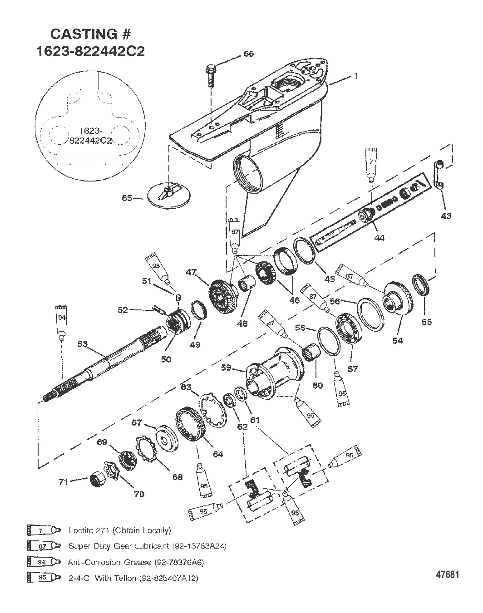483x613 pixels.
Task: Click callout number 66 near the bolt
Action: [x=248, y=54]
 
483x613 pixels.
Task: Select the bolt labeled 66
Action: [x=210, y=75]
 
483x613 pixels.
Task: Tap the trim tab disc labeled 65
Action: [x=169, y=196]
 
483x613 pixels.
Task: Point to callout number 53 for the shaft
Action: [x=83, y=344]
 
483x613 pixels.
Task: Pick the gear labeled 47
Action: [x=223, y=296]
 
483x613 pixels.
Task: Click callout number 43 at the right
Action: [x=446, y=216]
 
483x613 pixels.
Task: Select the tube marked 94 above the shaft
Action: [x=62, y=322]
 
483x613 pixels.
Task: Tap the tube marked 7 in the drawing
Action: [x=371, y=166]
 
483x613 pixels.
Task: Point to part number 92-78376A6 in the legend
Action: [x=179, y=562]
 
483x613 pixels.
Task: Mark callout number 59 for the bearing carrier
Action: [x=226, y=368]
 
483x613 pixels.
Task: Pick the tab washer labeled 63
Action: [x=213, y=411]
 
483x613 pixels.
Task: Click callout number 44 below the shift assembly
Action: [x=379, y=238]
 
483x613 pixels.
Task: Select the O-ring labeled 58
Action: [x=329, y=341]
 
